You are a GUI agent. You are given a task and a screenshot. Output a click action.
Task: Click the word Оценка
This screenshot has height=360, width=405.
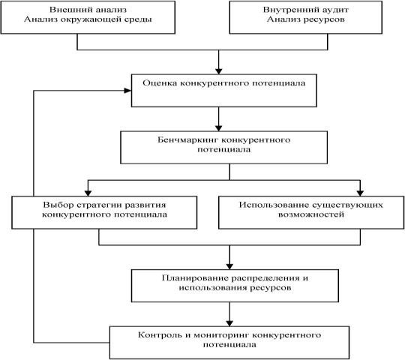160,83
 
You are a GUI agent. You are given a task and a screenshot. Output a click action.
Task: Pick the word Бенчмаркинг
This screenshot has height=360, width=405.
188,139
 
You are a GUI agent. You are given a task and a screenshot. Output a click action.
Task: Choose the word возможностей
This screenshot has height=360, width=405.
311,214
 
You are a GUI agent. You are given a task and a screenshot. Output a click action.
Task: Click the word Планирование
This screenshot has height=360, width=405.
195,278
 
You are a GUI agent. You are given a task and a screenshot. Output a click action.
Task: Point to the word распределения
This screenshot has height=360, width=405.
265,279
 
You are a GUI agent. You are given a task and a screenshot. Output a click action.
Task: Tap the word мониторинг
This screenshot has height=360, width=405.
221,335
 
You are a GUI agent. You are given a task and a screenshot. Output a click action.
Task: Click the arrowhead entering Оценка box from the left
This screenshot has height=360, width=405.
127,91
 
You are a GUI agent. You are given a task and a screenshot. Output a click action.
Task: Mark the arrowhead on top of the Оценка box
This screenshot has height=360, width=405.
219,71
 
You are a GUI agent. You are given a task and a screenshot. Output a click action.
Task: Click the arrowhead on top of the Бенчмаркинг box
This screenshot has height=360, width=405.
219,128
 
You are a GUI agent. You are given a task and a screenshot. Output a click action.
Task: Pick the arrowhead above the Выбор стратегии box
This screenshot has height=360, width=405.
88,193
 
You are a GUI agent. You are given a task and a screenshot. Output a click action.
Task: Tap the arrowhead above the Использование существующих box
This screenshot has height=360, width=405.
360,193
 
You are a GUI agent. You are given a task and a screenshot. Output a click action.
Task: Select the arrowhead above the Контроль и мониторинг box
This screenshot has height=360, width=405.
229,323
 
